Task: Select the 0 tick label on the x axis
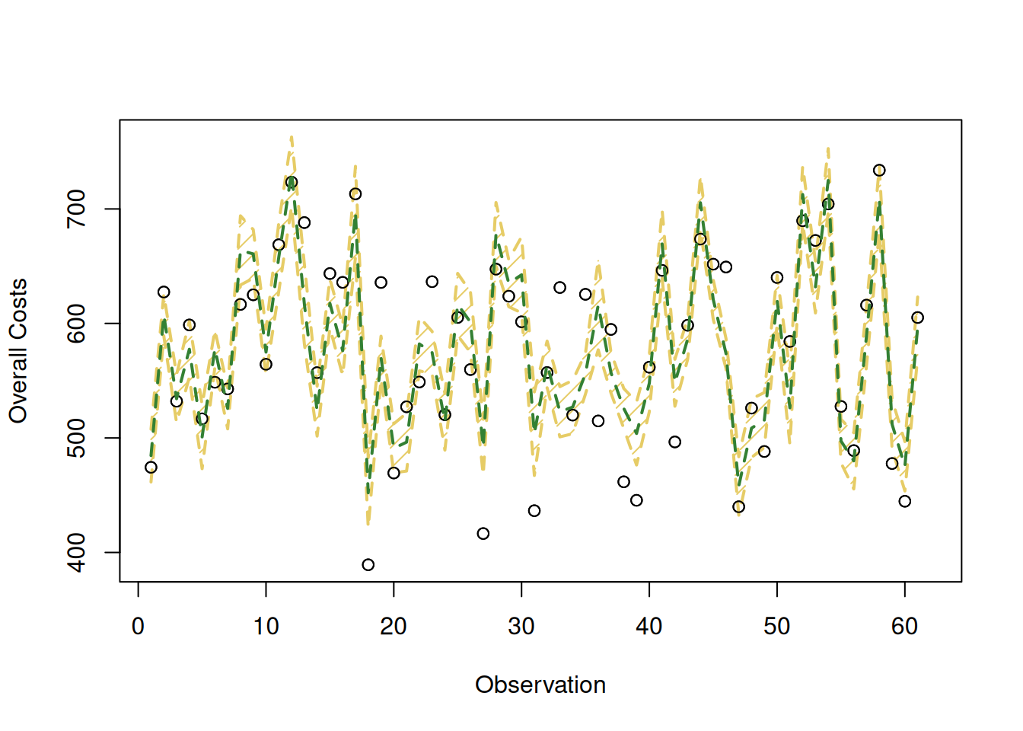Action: click(x=138, y=626)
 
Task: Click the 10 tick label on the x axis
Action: click(x=266, y=626)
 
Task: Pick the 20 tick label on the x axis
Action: click(x=394, y=626)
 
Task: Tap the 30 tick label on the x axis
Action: click(x=521, y=626)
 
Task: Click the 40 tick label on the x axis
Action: click(x=649, y=626)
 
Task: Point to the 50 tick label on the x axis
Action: click(x=777, y=626)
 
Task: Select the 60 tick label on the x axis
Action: click(x=904, y=626)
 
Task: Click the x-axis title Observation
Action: click(x=540, y=685)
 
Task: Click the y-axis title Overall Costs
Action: click(x=18, y=351)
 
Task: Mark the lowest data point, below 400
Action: click(x=368, y=565)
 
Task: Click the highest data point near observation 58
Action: click(x=879, y=171)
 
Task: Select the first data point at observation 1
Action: click(x=151, y=468)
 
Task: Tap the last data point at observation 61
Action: click(x=917, y=318)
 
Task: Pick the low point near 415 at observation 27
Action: click(x=483, y=534)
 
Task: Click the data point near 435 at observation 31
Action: click(x=534, y=511)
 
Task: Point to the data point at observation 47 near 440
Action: click(x=738, y=507)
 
